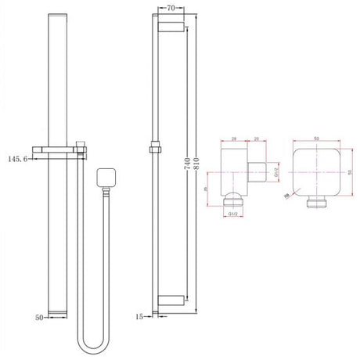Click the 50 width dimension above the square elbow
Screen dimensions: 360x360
coord(317,137)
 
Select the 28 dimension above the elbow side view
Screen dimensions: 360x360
coord(235,138)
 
